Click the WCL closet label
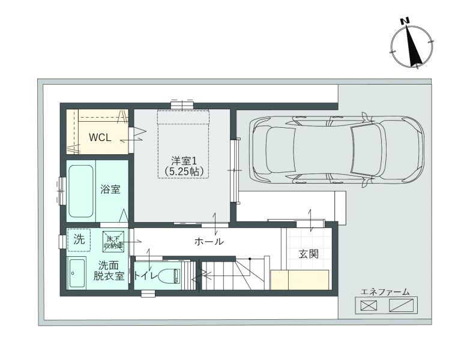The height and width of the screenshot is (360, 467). tap(100, 137)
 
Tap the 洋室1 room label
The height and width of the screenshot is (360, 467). tap(184, 160)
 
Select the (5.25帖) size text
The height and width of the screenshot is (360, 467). tap(184, 171)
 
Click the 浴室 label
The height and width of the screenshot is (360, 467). tap(110, 190)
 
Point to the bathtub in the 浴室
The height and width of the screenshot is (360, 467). tap(81, 191)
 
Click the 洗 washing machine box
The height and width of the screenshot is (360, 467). tap(79, 240)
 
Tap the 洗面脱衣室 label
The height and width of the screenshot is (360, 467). tap(109, 271)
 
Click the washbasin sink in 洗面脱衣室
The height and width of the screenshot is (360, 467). tap(77, 273)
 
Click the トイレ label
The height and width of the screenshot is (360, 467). tap(145, 276)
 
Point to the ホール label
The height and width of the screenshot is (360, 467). tap(209, 241)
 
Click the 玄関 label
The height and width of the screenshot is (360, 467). tap(309, 254)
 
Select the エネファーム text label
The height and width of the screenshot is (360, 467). tap(385, 292)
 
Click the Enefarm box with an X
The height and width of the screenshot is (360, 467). tap(369, 305)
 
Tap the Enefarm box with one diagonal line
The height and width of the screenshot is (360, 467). tap(402, 305)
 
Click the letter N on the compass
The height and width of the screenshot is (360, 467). tap(405, 21)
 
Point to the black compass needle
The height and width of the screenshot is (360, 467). tap(412, 46)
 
